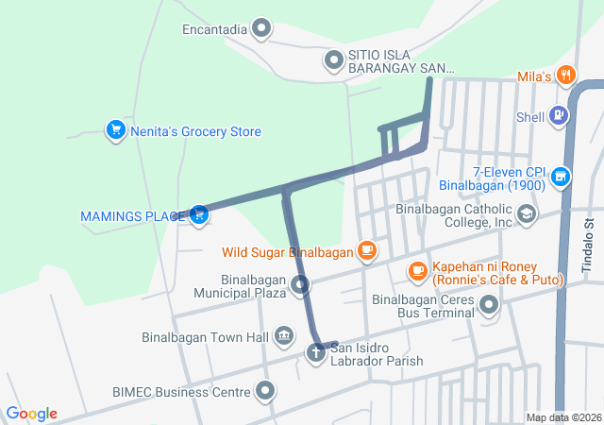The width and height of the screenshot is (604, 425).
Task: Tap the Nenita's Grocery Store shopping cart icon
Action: [115, 130]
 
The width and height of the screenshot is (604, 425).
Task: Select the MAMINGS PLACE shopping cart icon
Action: [198, 215]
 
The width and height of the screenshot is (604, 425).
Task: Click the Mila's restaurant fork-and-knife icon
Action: [565, 74]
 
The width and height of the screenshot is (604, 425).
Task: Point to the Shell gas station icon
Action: [560, 116]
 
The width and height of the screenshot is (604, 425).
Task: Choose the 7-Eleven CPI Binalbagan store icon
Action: [561, 177]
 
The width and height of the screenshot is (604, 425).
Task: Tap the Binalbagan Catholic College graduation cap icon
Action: [526, 214]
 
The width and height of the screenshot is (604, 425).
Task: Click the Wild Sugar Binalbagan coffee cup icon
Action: [366, 251]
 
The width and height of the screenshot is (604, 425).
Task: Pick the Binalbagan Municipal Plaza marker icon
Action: [300, 284]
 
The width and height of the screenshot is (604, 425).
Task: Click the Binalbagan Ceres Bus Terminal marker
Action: [489, 304]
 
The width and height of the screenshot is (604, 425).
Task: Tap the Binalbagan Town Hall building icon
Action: [283, 336]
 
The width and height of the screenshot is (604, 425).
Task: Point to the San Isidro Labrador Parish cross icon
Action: [315, 353]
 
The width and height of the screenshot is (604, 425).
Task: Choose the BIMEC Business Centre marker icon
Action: [265, 390]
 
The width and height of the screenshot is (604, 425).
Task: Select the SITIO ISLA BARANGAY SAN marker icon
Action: [333, 61]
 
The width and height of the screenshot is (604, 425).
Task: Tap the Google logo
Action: [32, 414]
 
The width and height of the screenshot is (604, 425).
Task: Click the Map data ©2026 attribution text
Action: [562, 417]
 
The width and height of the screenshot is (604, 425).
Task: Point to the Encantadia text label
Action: [214, 29]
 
